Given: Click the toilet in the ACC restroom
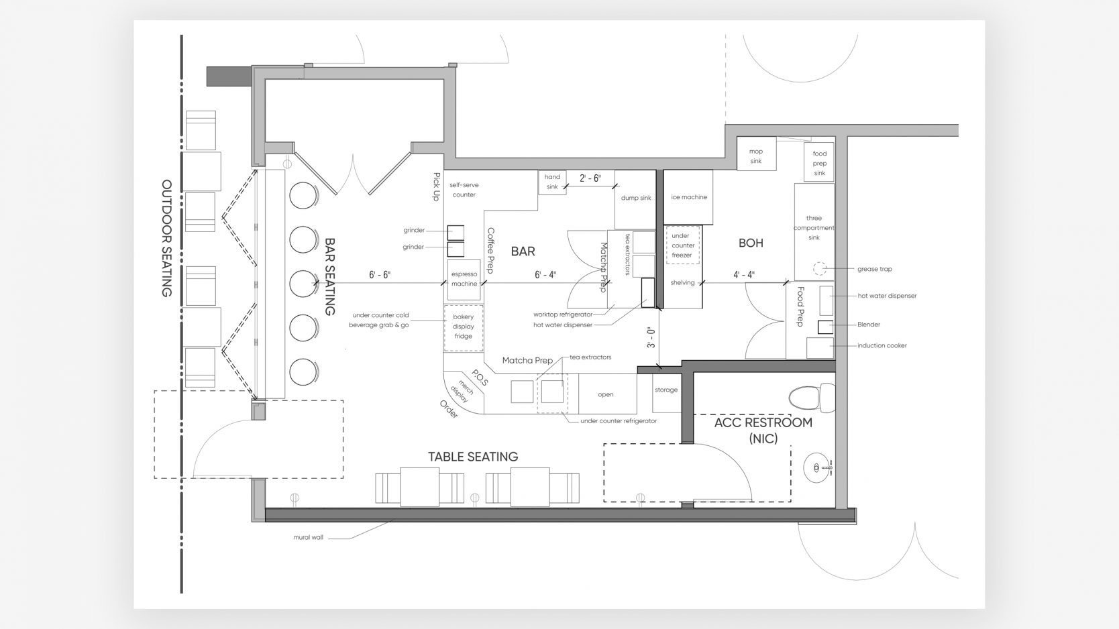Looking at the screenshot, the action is pyautogui.click(x=811, y=398).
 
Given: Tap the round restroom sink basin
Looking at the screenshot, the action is pyautogui.click(x=816, y=468).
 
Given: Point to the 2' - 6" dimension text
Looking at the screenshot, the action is pyautogui.click(x=590, y=178).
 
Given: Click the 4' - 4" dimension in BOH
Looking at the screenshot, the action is pyautogui.click(x=744, y=274).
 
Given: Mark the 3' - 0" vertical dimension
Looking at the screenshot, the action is pyautogui.click(x=651, y=337).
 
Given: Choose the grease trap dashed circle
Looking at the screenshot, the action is pyautogui.click(x=819, y=269).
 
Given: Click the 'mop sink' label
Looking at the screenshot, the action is pyautogui.click(x=756, y=156).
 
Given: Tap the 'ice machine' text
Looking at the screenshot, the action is pyautogui.click(x=689, y=197).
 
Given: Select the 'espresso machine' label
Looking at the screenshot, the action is pyautogui.click(x=464, y=279).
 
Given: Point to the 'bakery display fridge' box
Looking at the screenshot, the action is pyautogui.click(x=464, y=327).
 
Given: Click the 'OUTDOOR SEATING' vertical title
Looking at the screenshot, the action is pyautogui.click(x=166, y=238).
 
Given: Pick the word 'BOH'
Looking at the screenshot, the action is pyautogui.click(x=751, y=243).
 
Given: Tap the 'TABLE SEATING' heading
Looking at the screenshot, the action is pyautogui.click(x=473, y=457).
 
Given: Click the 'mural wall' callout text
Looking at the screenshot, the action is pyautogui.click(x=308, y=538).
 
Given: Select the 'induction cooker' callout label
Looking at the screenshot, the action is pyautogui.click(x=882, y=345).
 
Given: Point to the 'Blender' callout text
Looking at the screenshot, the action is pyautogui.click(x=869, y=325).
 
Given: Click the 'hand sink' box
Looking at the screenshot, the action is pyautogui.click(x=552, y=182).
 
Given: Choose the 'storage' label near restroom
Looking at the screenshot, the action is pyautogui.click(x=666, y=390).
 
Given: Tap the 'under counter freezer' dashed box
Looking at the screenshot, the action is pyautogui.click(x=682, y=245).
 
